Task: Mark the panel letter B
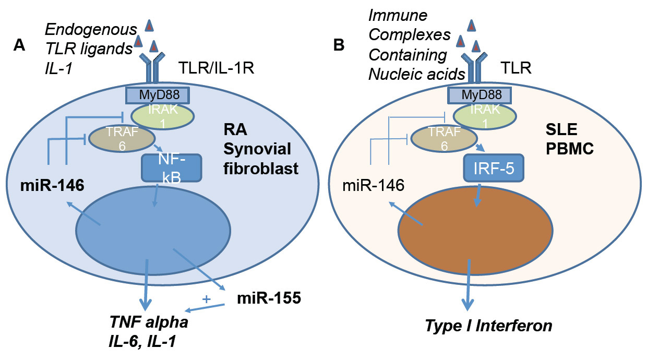(339, 46)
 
